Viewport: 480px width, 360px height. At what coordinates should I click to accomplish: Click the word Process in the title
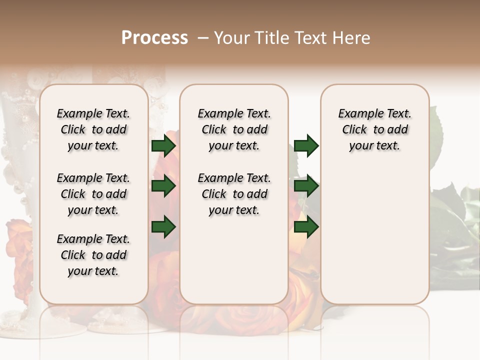(x=154, y=38)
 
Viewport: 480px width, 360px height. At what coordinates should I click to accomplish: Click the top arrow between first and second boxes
(x=163, y=146)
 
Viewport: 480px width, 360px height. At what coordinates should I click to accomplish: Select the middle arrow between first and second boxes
(x=163, y=186)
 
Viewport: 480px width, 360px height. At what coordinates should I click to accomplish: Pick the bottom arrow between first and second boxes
(x=163, y=227)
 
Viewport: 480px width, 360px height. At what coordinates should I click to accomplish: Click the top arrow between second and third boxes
(x=306, y=146)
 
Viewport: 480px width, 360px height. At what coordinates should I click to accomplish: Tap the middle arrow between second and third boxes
(x=306, y=186)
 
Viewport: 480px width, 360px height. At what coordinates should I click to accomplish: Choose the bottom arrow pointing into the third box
(x=306, y=227)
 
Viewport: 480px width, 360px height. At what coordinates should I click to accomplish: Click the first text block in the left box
(x=93, y=129)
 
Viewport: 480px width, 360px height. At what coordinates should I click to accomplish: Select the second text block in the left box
(x=93, y=194)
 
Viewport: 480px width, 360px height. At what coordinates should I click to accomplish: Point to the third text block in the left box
(x=93, y=255)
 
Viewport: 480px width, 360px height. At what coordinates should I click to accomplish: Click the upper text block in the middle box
(x=234, y=129)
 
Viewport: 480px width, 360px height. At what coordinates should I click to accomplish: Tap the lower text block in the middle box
(x=234, y=194)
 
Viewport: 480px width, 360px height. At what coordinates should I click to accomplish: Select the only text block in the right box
(x=374, y=129)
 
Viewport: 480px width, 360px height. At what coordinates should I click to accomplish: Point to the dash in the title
(x=203, y=38)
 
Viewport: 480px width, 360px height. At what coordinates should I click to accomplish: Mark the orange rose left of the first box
(x=20, y=250)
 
